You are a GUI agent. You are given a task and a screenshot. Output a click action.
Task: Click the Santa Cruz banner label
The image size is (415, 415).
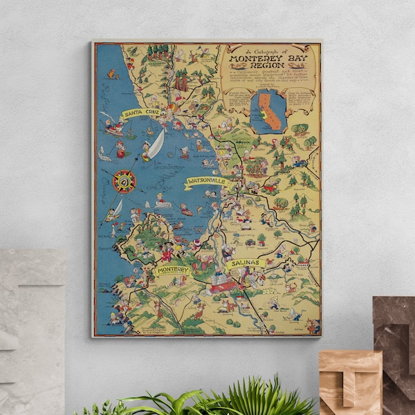pyautogui.click(x=141, y=113)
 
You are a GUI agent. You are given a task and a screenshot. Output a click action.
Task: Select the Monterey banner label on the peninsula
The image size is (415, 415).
pyautogui.click(x=173, y=270)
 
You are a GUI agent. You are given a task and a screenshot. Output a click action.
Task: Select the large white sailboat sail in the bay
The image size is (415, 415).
pyautogui.click(x=156, y=143)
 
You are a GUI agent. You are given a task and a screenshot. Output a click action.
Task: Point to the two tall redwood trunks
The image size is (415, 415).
pyautogui.click(x=181, y=82)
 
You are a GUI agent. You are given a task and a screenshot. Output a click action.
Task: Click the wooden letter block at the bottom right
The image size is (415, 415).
pyautogui.click(x=350, y=382)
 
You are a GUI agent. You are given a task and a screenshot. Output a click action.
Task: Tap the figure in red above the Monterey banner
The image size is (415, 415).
pyautogui.click(x=167, y=252)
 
